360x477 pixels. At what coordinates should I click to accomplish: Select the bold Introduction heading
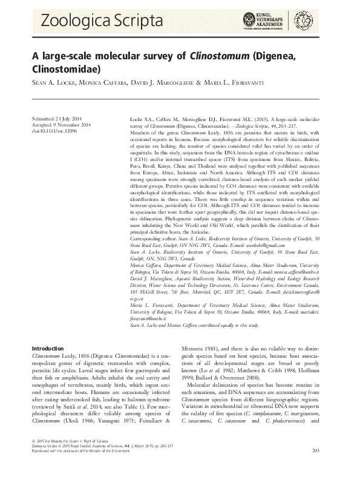pyautogui.click(x=48, y=366)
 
